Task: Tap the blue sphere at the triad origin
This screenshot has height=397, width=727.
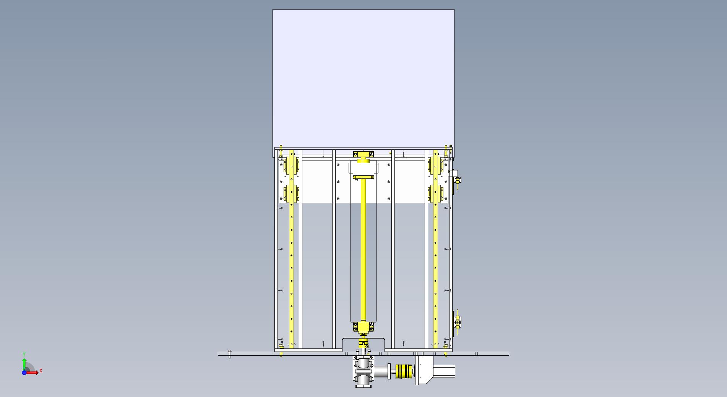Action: coord(24,373)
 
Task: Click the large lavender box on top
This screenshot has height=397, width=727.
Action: coord(363,79)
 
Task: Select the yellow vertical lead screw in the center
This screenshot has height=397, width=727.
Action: coord(363,250)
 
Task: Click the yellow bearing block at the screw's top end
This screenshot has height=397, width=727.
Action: coord(363,154)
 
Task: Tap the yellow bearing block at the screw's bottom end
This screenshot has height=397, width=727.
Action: coord(363,327)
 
